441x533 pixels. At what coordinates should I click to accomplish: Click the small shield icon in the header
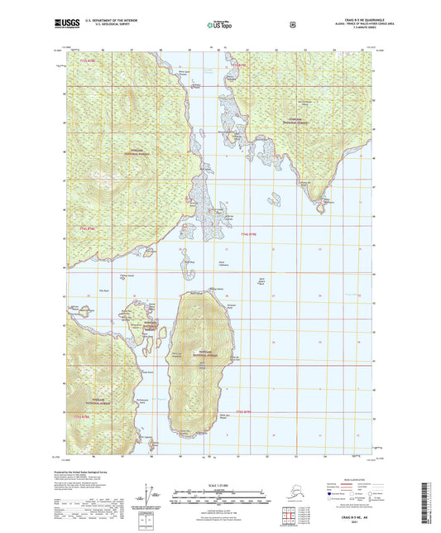(292, 25)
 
